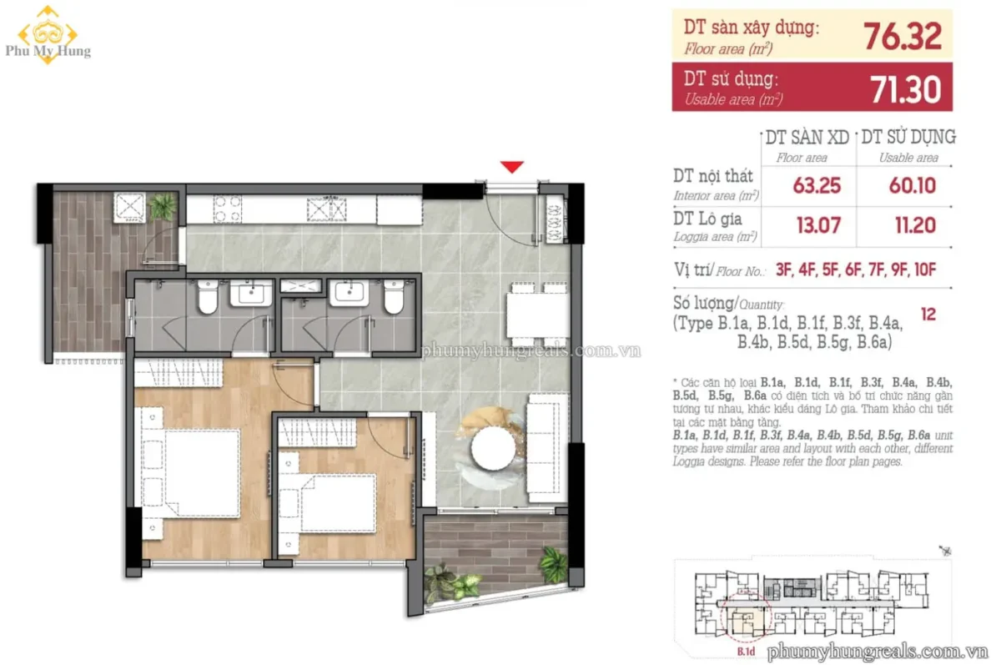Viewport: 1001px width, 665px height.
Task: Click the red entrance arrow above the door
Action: pyautogui.click(x=512, y=167)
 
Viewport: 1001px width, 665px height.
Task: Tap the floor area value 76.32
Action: pyautogui.click(x=903, y=37)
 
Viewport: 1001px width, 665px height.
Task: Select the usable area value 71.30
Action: pyautogui.click(x=906, y=90)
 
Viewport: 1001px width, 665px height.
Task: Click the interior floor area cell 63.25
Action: pyautogui.click(x=817, y=185)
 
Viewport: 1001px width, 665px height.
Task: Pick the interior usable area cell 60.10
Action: pyautogui.click(x=912, y=185)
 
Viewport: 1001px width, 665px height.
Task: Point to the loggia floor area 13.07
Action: pyautogui.click(x=818, y=225)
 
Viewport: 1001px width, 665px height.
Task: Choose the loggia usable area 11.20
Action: pyautogui.click(x=915, y=225)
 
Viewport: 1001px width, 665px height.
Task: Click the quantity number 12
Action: pyautogui.click(x=928, y=315)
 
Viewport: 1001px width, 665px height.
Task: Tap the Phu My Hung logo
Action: pyautogui.click(x=48, y=35)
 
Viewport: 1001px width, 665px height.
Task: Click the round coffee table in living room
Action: pyautogui.click(x=492, y=448)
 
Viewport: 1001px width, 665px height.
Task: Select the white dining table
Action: pyautogui.click(x=537, y=315)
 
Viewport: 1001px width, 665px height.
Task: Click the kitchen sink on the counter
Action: pyautogui.click(x=327, y=209)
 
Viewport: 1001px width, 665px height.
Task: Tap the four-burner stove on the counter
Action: pyautogui.click(x=228, y=209)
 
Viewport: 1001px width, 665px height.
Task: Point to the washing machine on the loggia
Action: pyautogui.click(x=129, y=208)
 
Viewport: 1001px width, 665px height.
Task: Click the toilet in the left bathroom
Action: pyautogui.click(x=208, y=297)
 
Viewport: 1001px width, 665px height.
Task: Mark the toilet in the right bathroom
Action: pyautogui.click(x=394, y=297)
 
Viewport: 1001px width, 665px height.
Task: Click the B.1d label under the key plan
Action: pyautogui.click(x=746, y=651)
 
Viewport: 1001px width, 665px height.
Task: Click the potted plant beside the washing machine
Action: pyautogui.click(x=163, y=206)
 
